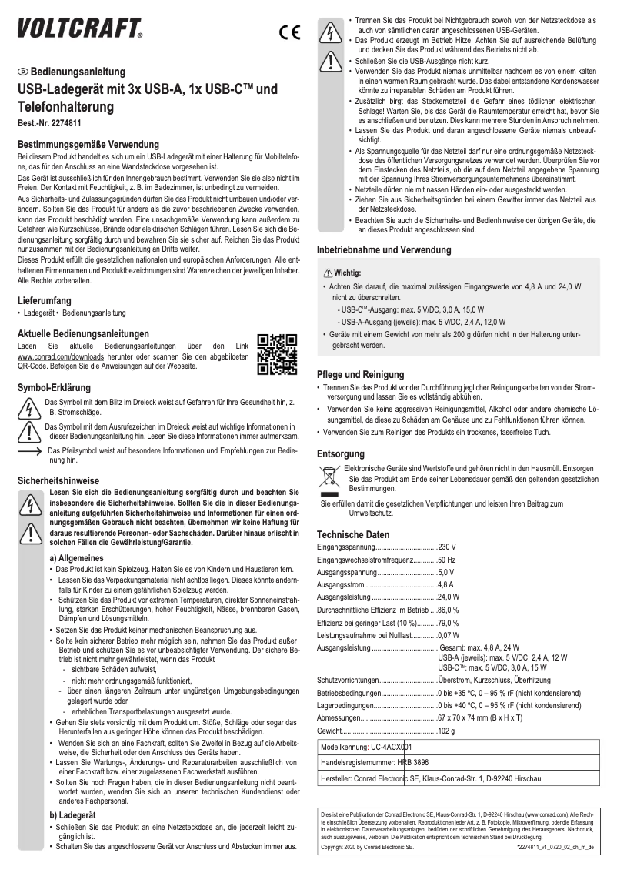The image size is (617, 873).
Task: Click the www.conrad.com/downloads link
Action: [x=55, y=358]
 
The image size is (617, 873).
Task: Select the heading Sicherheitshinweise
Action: [x=58, y=480]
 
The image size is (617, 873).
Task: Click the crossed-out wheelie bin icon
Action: [x=327, y=478]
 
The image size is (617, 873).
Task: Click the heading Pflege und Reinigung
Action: [x=361, y=374]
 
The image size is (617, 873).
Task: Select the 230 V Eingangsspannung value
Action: [x=446, y=547]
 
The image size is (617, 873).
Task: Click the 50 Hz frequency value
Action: [x=447, y=559]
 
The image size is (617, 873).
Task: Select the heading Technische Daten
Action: [x=353, y=534]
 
